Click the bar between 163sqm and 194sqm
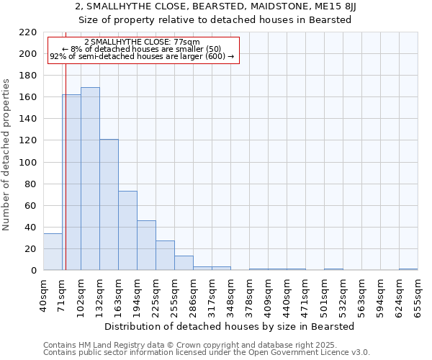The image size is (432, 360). pos(127,230)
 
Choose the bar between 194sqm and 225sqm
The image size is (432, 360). pos(146,246)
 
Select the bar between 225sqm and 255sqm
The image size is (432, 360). pos(165,256)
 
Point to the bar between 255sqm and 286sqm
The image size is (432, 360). pos(184,263)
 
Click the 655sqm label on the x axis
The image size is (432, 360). pos(418,295)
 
